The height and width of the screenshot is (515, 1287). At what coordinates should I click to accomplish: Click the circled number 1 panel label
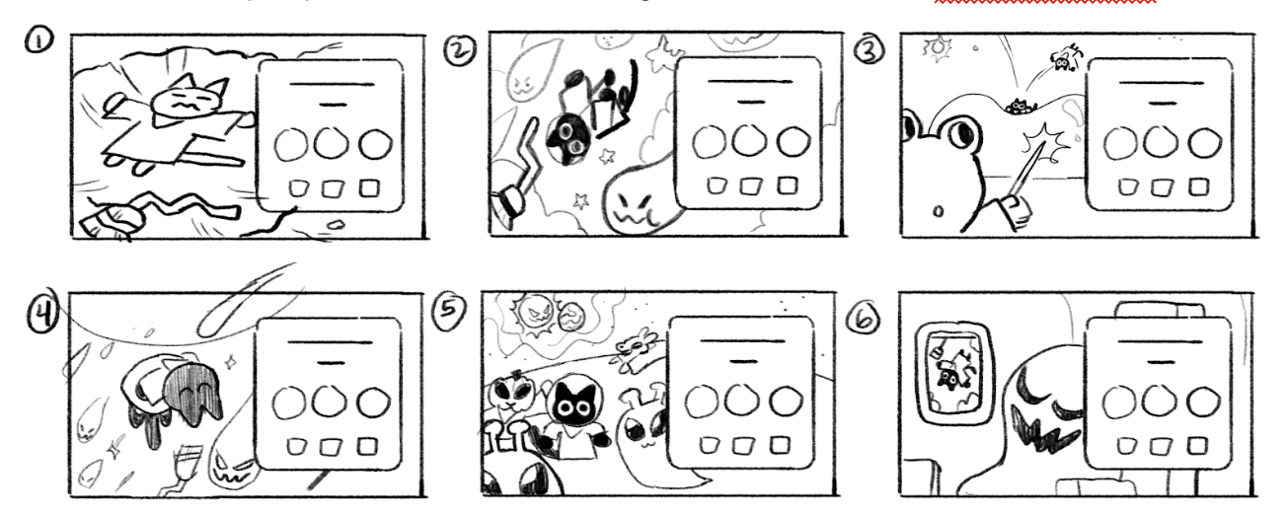(x=39, y=41)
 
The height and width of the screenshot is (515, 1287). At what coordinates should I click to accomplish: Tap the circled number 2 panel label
(x=460, y=50)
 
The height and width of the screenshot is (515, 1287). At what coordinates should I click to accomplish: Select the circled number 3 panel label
(x=870, y=50)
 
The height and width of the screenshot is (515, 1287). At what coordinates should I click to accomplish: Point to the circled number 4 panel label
(x=42, y=315)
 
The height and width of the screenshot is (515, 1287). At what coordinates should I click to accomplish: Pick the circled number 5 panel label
(x=449, y=312)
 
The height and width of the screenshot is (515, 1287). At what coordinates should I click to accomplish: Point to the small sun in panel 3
(x=937, y=49)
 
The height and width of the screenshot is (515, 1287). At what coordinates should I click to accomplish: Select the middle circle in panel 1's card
(x=331, y=142)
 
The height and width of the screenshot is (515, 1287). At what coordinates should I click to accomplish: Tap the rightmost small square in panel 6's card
(x=1197, y=446)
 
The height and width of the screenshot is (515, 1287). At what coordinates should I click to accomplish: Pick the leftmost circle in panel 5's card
(x=702, y=402)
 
